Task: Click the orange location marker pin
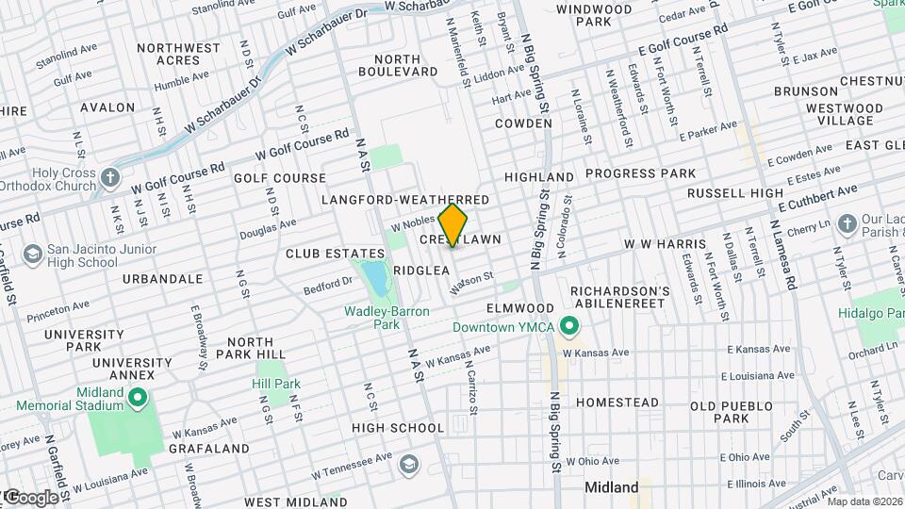(453, 224)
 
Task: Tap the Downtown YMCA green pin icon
(568, 327)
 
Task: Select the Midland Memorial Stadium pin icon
(137, 399)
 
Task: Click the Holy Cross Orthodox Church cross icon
(111, 178)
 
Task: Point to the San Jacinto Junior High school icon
(33, 254)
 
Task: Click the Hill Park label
(276, 384)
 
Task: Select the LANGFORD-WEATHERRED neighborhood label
(405, 201)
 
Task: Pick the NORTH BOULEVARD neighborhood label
(399, 65)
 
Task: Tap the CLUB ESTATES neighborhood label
(336, 254)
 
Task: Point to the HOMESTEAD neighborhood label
(617, 402)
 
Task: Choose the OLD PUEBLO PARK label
(732, 412)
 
